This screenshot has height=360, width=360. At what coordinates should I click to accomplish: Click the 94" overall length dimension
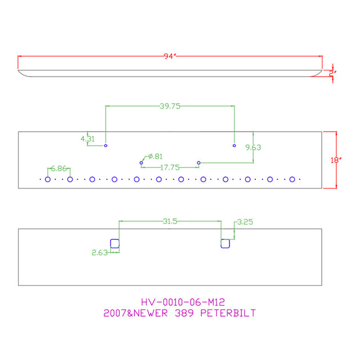(x=170, y=56)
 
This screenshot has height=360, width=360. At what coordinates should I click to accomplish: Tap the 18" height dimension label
(x=336, y=160)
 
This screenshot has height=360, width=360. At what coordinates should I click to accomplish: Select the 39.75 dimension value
(x=170, y=106)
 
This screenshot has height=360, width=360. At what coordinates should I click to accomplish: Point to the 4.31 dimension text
(x=88, y=139)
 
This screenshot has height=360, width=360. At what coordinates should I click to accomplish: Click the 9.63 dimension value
(x=253, y=147)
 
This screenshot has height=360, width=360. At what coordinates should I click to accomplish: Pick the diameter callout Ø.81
(x=155, y=156)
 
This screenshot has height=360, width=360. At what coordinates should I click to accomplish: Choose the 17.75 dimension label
(x=170, y=168)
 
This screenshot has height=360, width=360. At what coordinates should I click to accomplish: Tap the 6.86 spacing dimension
(x=58, y=169)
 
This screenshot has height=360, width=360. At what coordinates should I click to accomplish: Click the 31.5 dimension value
(x=170, y=221)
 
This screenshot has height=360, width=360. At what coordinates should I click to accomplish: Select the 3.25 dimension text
(x=245, y=222)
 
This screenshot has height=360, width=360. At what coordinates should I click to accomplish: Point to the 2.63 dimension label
(x=100, y=253)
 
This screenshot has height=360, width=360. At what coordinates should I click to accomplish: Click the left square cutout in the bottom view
(x=115, y=239)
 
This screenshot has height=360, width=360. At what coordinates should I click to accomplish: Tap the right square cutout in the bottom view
(x=225, y=239)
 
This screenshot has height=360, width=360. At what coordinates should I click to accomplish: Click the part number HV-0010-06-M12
(x=183, y=302)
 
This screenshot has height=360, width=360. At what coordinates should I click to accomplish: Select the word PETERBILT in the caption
(x=228, y=313)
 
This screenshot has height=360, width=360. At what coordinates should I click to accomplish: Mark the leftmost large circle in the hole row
(x=48, y=177)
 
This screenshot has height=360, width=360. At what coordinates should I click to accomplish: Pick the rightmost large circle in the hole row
(x=292, y=177)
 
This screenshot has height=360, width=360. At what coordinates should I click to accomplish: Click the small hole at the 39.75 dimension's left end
(x=106, y=145)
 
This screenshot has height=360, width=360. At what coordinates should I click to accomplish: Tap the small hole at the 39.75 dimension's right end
(x=234, y=145)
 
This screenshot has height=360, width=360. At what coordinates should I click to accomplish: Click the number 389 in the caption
(x=184, y=313)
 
